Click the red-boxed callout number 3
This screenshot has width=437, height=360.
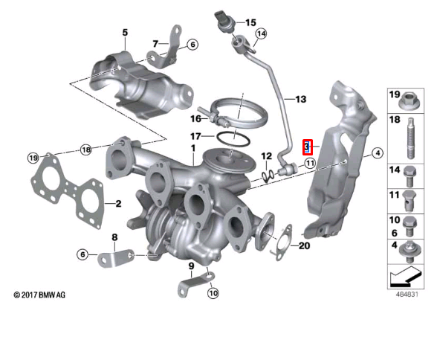[x=305, y=147]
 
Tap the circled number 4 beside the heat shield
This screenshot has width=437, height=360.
[x=377, y=153]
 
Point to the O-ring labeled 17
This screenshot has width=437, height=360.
[x=233, y=138]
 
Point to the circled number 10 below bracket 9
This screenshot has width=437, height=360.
[x=213, y=293]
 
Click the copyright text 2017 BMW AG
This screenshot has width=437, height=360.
[x=40, y=296]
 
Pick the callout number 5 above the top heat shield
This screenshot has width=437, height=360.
[x=125, y=33]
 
